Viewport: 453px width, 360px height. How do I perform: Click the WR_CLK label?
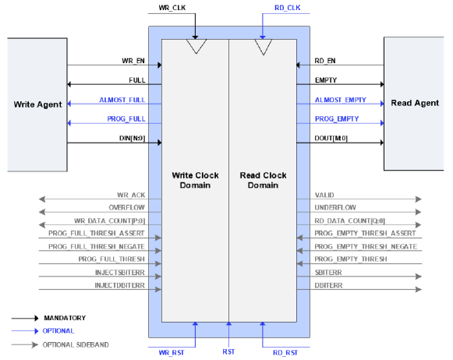172,8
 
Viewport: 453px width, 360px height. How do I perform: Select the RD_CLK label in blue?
288,8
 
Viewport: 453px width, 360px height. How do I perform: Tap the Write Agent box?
37,104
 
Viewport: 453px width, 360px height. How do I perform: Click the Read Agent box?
414,104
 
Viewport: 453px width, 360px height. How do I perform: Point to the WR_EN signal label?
133,61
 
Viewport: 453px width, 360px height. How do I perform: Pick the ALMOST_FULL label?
122,100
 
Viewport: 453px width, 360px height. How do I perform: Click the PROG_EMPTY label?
337,119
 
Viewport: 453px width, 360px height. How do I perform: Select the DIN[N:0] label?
132,138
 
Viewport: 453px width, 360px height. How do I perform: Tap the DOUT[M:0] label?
331,138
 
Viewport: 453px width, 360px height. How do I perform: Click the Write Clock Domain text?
195,180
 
